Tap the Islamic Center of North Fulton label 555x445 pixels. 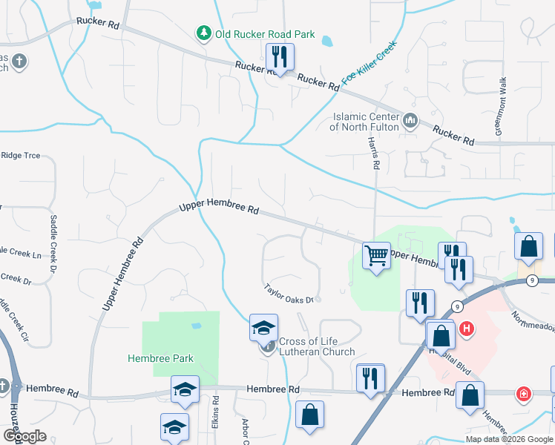tap(367, 121)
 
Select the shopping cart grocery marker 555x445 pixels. tap(376, 256)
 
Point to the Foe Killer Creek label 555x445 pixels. tap(369, 63)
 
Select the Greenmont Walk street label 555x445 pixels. tap(502, 108)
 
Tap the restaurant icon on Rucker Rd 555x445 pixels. tap(280, 56)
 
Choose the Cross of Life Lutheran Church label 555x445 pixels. tap(317, 346)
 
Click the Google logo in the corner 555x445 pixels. tap(24, 436)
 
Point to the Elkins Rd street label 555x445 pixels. tap(216, 412)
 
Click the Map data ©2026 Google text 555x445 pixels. tap(510, 439)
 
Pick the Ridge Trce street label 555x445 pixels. tap(21, 156)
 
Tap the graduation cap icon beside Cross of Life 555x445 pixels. tap(263, 327)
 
